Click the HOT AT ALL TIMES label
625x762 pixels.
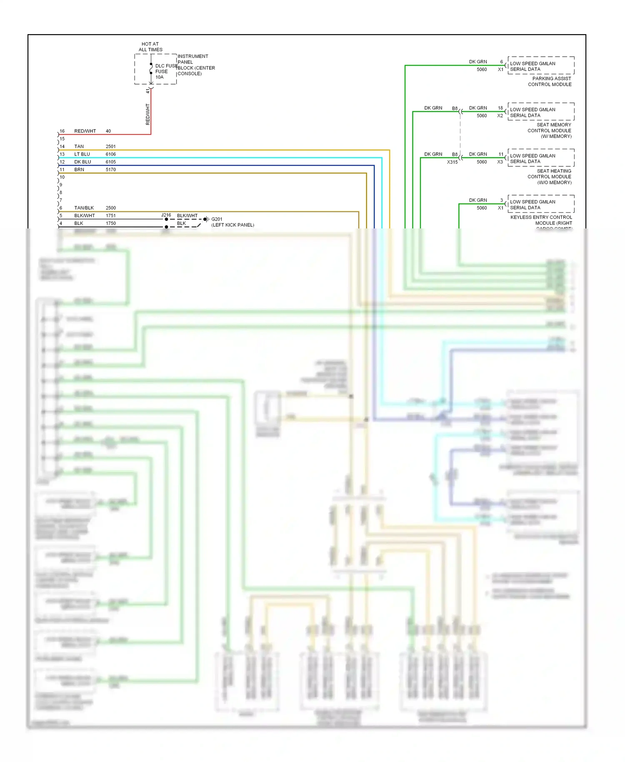(150, 47)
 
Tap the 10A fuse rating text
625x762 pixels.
(160, 77)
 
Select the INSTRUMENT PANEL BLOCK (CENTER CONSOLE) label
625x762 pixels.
(196, 65)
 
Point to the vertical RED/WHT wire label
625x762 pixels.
(147, 114)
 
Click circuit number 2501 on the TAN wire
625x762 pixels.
(110, 146)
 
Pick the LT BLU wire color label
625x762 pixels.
(82, 154)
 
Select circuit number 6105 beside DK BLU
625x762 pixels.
(110, 162)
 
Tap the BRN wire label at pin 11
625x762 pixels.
(79, 170)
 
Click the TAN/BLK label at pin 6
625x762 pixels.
(84, 208)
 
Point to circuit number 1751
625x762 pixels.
(110, 216)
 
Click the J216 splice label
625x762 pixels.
(166, 215)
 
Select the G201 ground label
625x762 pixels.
(217, 219)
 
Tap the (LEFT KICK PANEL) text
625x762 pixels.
(232, 225)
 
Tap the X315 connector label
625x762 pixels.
(452, 162)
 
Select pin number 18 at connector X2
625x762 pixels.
(500, 108)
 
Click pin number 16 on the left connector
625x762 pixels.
(62, 131)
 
